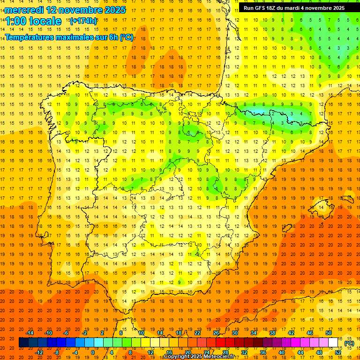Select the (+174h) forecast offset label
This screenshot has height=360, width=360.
click(83, 21)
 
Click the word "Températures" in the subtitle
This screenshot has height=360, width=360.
click(29, 37)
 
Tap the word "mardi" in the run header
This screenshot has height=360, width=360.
click(296, 8)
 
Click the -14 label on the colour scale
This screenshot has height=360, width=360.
click(30, 333)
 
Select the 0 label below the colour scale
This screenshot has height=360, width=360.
click(93, 352)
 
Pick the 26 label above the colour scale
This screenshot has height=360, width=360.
click(216, 333)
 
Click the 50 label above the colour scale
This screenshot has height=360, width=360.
click(329, 333)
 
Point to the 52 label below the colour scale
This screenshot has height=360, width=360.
click(338, 352)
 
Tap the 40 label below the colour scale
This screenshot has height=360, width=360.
click(282, 352)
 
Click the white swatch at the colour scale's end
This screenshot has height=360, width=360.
click(333, 343)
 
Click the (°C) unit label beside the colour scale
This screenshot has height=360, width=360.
click(349, 343)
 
